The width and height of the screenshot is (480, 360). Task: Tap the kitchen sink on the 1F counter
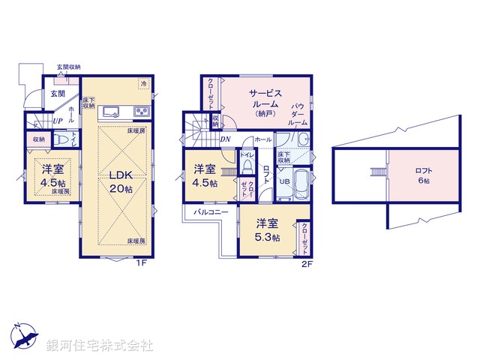(x=110, y=112)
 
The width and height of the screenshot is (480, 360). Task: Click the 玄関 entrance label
(x=58, y=94)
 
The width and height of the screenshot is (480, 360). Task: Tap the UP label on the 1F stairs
(x=57, y=121)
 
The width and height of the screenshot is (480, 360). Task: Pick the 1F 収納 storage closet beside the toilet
(x=38, y=139)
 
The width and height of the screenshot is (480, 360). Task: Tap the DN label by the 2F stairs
(x=225, y=139)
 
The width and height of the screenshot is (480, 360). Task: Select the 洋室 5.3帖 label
(x=266, y=229)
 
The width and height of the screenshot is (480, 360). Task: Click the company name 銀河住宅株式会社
(x=100, y=346)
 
